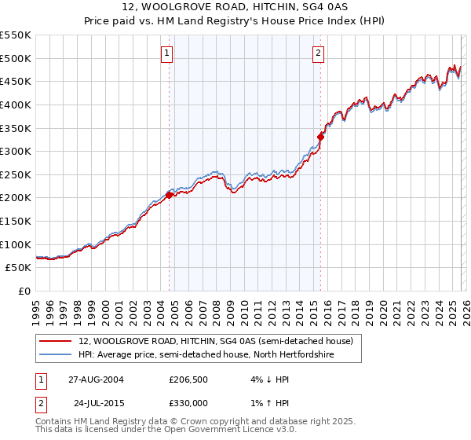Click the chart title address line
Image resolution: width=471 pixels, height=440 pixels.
tap(235, 8)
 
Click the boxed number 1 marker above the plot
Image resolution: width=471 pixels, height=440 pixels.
tap(168, 53)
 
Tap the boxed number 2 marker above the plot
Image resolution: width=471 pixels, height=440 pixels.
tap(318, 53)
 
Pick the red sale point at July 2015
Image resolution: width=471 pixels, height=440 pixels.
tap(320, 137)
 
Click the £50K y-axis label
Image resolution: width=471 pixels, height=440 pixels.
tap(19, 268)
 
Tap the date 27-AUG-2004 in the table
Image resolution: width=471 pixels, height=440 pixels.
tap(96, 379)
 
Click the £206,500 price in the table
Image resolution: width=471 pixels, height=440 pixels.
tap(188, 379)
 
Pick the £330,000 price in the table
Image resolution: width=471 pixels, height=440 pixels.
tap(188, 403)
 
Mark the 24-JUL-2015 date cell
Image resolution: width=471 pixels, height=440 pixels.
tap(96, 403)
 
